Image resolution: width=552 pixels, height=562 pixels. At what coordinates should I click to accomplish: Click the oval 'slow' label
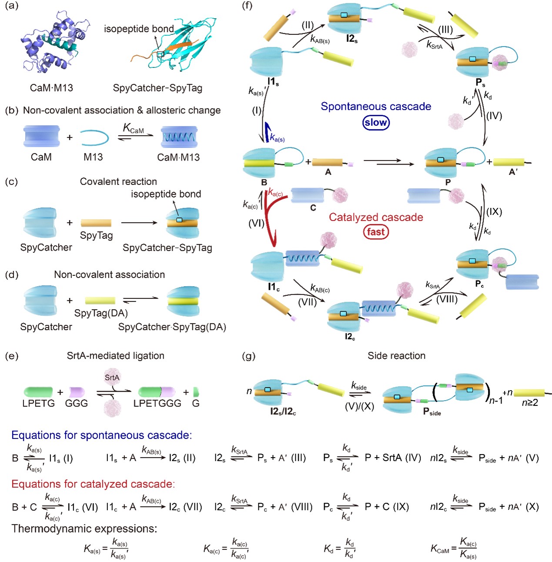click(376, 123)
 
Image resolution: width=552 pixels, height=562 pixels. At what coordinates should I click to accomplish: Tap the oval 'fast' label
click(376, 231)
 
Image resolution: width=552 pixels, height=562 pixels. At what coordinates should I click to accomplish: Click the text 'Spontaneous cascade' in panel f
click(376, 107)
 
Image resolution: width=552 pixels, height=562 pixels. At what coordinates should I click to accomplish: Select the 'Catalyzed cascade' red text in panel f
click(376, 217)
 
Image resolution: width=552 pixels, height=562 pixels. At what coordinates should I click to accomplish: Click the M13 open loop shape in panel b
click(94, 137)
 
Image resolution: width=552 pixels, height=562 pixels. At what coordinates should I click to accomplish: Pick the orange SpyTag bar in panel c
click(96, 223)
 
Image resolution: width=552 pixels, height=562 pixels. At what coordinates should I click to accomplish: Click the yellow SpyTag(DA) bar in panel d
click(100, 301)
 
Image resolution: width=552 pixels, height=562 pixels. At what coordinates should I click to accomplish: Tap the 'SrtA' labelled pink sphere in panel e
click(112, 378)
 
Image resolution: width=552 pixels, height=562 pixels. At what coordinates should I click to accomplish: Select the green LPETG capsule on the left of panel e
click(38, 392)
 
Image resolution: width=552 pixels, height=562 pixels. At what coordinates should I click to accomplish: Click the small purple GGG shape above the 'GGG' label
click(77, 392)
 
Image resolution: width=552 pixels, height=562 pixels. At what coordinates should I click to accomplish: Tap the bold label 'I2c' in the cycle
click(350, 337)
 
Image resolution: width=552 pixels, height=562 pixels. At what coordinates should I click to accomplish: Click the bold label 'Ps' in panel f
click(480, 82)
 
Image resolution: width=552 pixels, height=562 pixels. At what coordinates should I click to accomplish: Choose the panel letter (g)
click(248, 356)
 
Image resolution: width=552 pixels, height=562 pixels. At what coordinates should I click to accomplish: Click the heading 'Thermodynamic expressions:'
click(84, 529)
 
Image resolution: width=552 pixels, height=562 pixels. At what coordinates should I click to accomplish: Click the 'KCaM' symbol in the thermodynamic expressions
click(440, 549)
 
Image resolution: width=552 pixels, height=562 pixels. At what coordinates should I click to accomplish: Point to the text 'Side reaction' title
click(396, 356)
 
